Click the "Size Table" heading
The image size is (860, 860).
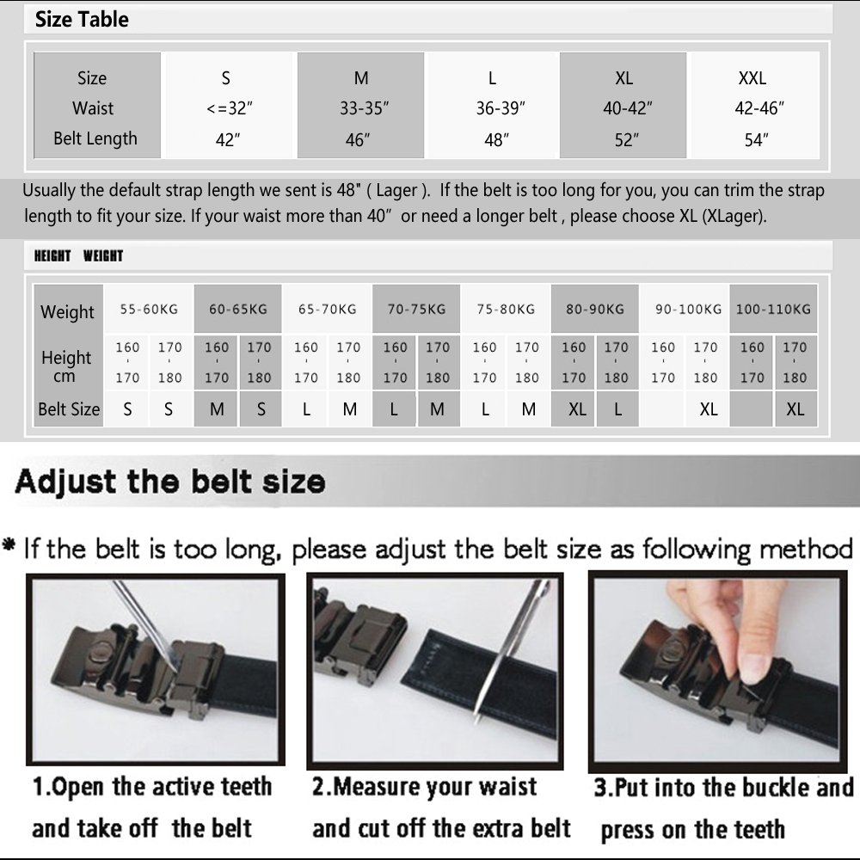coord(82,20)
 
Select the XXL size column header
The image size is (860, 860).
coord(752,78)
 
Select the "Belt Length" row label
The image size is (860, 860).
coord(95,138)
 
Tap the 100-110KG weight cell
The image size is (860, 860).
coord(773,309)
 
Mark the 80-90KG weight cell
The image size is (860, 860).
coord(594,309)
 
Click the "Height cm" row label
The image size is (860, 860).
coord(66,366)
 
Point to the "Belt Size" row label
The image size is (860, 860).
coord(69,409)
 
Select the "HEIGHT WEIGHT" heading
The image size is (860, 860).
coord(78,255)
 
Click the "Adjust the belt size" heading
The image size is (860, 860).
coord(169,481)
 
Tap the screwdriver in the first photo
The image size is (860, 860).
coord(146,623)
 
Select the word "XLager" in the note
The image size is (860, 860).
coord(731,216)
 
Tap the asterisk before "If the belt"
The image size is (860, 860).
coord(9,548)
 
